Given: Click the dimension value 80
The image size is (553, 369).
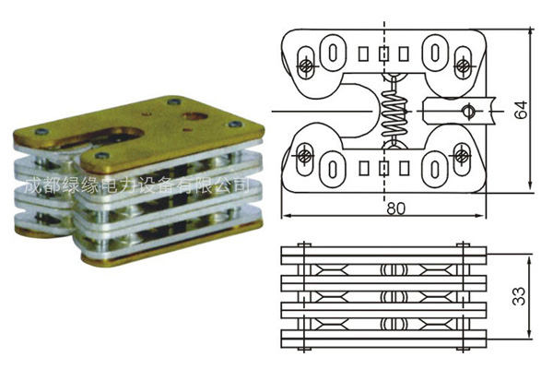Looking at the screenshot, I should click(x=395, y=208).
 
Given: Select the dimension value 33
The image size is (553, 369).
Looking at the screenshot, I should click(x=521, y=295).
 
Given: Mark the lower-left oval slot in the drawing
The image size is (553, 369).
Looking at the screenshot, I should click(x=331, y=169).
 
